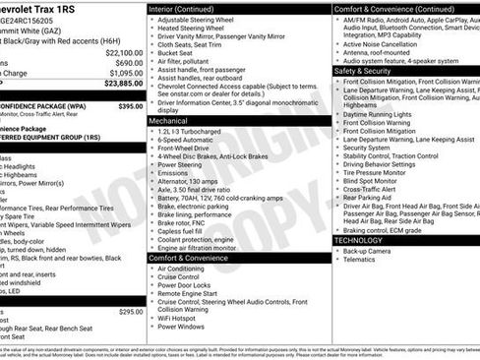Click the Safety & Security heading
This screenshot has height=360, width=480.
click(369, 71)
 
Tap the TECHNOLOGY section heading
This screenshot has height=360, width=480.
click(359, 239)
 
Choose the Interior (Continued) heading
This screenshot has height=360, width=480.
click(188, 8)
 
